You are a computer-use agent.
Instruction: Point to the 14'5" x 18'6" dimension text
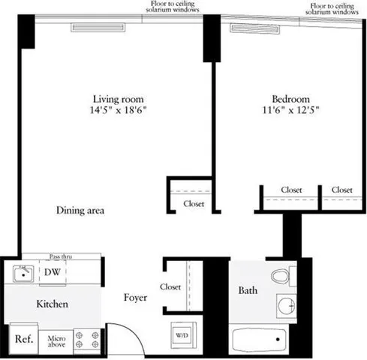(x=118, y=111)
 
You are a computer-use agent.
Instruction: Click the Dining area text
(x=80, y=211)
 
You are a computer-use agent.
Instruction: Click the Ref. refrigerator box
(x=23, y=339)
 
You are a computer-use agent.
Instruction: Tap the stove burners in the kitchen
(x=89, y=340)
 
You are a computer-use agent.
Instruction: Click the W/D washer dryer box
(x=182, y=334)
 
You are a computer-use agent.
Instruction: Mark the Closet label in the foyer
(x=170, y=286)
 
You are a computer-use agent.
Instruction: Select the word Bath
(x=248, y=290)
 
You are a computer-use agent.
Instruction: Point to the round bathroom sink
(x=284, y=306)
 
